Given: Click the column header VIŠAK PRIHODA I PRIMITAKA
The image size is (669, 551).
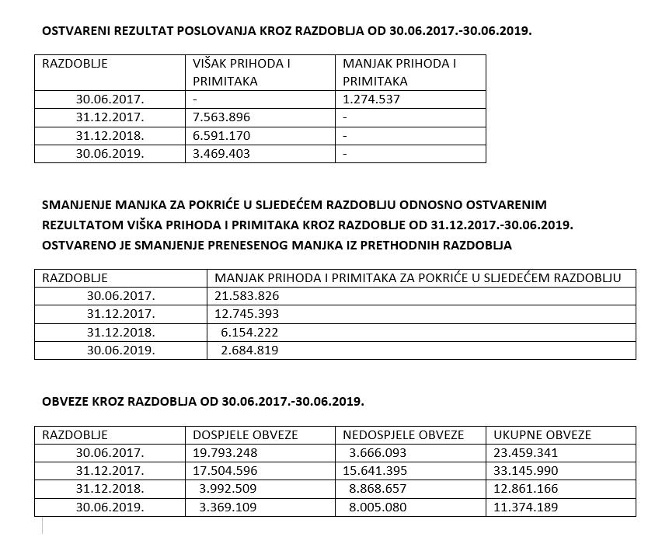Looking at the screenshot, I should coord(241,72).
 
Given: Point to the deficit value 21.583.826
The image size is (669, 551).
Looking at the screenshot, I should coord(246,296).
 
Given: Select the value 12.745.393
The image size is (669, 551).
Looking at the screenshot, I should coord(246,314).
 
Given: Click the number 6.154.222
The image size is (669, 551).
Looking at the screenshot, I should coord(249,332).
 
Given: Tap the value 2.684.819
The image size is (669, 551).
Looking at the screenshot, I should coord(249,350).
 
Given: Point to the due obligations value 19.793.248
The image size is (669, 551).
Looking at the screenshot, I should coord(225,453).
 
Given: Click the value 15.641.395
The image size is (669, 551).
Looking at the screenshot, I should coord(375,471).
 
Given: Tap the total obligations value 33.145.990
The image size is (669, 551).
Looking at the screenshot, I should coord(526,471).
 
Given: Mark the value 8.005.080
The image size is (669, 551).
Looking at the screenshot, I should coord(378,507).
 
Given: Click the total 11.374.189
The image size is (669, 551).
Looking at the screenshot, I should coord(526,507).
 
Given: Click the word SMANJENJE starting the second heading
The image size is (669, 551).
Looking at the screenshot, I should coord(77,204).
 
